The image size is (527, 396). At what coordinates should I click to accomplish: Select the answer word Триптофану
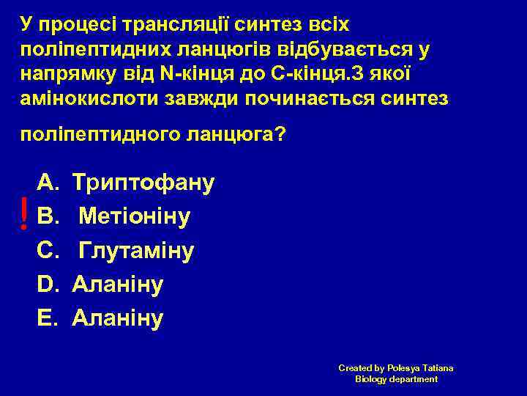point(143,182)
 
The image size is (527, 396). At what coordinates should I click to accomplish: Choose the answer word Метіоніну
point(135,216)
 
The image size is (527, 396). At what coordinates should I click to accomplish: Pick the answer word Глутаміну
point(136,251)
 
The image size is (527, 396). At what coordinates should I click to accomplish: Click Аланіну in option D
point(117,285)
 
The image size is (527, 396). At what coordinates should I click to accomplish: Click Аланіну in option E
point(117,318)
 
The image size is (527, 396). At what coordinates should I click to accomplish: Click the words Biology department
point(396,379)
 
